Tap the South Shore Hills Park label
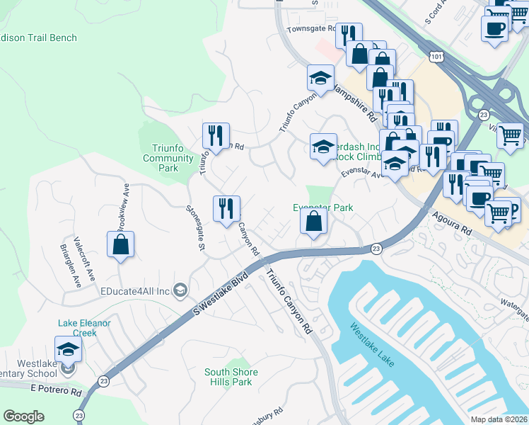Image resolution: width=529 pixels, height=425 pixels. (231, 377)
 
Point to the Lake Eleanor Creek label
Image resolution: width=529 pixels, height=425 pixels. (84, 327)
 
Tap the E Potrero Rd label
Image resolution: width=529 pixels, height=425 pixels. (56, 392)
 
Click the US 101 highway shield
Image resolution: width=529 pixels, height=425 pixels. (434, 56)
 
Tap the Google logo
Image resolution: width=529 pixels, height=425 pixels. (23, 416)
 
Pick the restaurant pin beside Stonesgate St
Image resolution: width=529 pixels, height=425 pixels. (226, 209)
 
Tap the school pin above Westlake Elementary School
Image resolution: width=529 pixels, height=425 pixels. (68, 348)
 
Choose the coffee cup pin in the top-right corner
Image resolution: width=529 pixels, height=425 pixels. (494, 28)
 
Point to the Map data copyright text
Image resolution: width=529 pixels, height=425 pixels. (499, 419)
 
